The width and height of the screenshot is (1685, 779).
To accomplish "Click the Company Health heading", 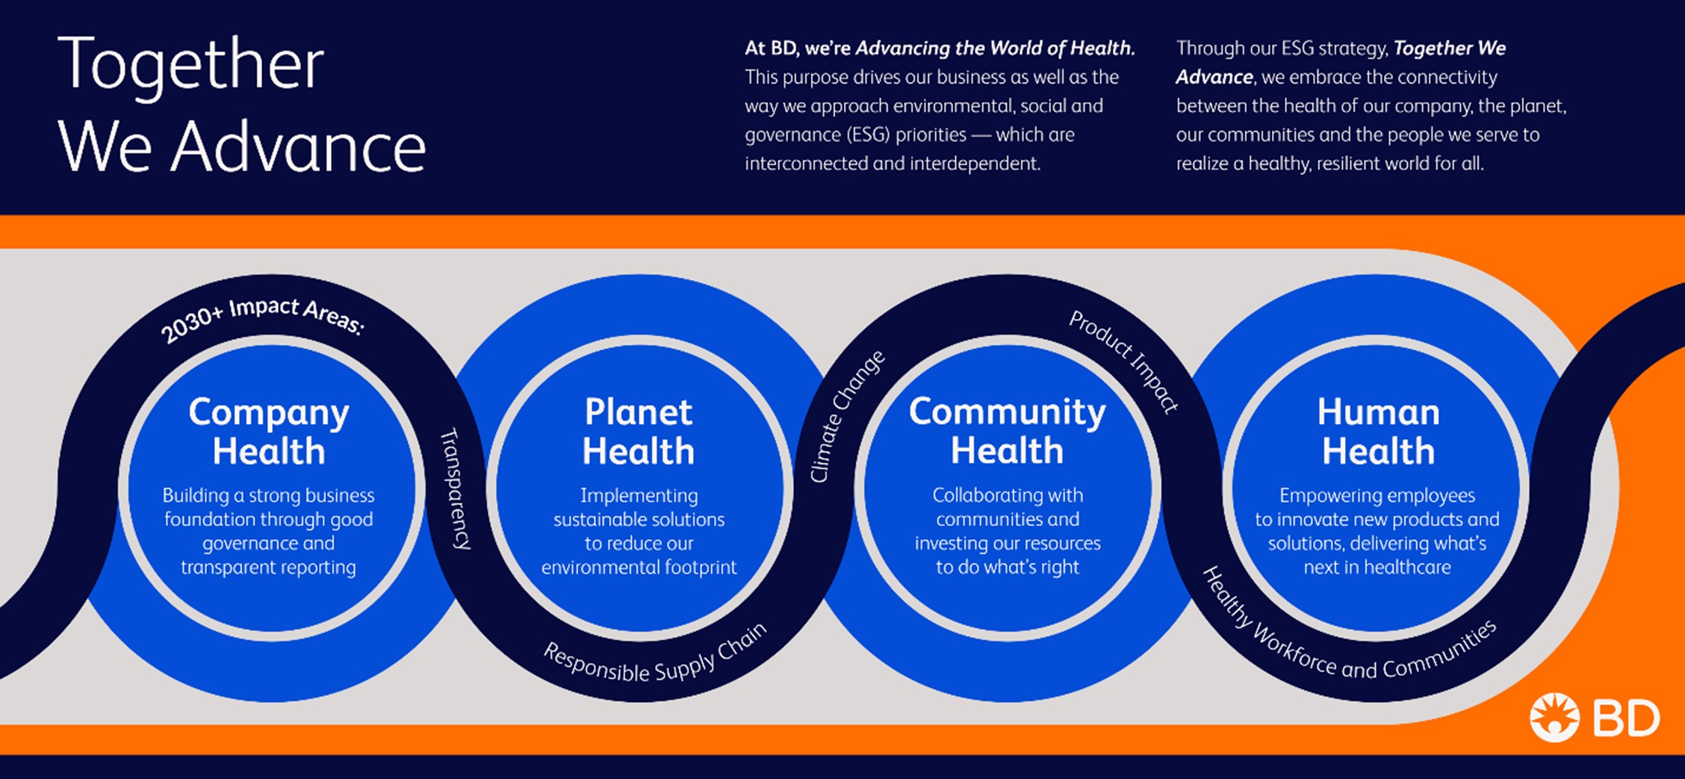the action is [x=269, y=432].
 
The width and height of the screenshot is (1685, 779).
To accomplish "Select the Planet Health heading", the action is [x=639, y=432].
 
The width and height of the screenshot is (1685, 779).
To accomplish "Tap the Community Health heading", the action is [x=1008, y=431].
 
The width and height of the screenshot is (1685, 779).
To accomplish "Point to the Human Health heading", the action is [x=1378, y=432].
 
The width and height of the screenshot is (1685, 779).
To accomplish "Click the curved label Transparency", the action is [x=455, y=488].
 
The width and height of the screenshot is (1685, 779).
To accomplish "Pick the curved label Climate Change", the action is [x=847, y=416].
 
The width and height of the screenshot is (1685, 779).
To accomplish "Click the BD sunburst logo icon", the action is [x=1554, y=718].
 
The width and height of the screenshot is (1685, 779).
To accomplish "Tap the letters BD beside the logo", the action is [x=1626, y=719].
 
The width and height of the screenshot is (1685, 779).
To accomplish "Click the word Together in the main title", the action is [x=190, y=65].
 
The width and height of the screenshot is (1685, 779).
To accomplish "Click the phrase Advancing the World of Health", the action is [x=995, y=49].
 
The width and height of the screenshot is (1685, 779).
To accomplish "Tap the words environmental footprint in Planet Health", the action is [x=639, y=568].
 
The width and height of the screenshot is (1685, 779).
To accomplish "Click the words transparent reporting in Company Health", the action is [x=268, y=568].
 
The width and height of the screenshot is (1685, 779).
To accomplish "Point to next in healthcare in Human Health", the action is [x=1377, y=568].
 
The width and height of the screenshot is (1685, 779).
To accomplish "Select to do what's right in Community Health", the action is [x=1008, y=568].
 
